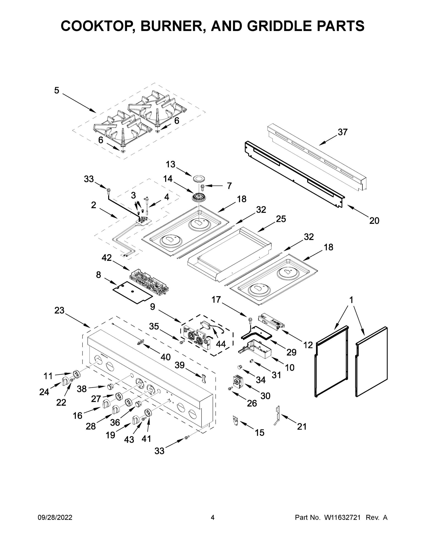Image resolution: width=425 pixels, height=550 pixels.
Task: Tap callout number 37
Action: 343,132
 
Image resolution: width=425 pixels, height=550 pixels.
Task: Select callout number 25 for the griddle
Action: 281,219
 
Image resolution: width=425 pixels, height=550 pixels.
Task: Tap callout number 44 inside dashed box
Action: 221,344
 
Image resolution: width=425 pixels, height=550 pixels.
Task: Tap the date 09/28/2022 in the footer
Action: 55,517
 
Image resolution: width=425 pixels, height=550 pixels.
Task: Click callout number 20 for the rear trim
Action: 374,221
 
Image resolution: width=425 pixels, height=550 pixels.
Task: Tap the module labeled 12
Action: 271,322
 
